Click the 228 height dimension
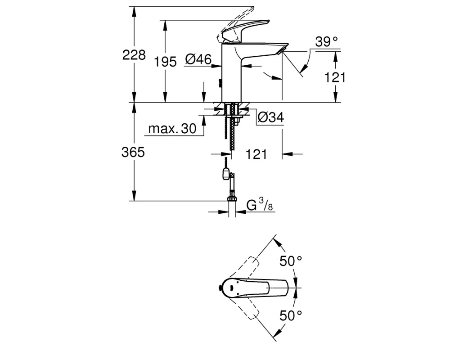tap(134, 54)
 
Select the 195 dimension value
tap(165, 62)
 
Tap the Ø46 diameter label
tap(198, 59)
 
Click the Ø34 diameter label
tap(270, 117)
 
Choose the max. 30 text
tap(172, 129)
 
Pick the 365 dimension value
tap(133, 152)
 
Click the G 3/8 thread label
tap(260, 205)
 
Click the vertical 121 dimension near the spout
tap(335, 77)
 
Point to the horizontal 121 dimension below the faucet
tap(256, 154)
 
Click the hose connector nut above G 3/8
tap(232, 198)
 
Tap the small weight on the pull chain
tap(226, 173)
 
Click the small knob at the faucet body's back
tap(220, 83)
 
